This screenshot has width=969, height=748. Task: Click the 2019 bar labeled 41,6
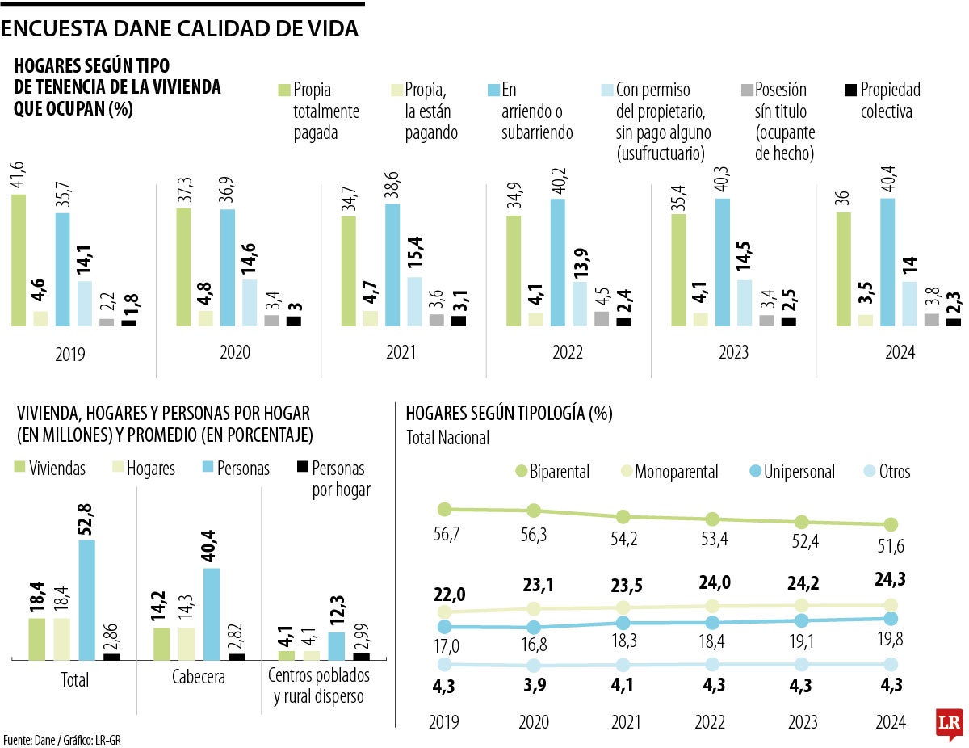(19, 260)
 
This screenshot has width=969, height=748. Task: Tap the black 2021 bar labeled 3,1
(458, 321)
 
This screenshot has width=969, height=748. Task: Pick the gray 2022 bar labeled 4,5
(601, 318)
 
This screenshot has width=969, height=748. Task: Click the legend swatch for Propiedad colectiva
(849, 90)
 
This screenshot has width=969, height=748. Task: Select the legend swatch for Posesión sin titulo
(746, 90)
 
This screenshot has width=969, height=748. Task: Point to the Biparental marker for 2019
(443, 509)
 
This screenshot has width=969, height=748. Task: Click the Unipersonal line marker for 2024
(891, 619)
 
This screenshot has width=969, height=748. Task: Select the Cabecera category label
(198, 678)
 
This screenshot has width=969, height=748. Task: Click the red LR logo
(948, 723)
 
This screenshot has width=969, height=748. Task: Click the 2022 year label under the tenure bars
(568, 353)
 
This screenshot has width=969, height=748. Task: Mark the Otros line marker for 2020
(533, 666)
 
